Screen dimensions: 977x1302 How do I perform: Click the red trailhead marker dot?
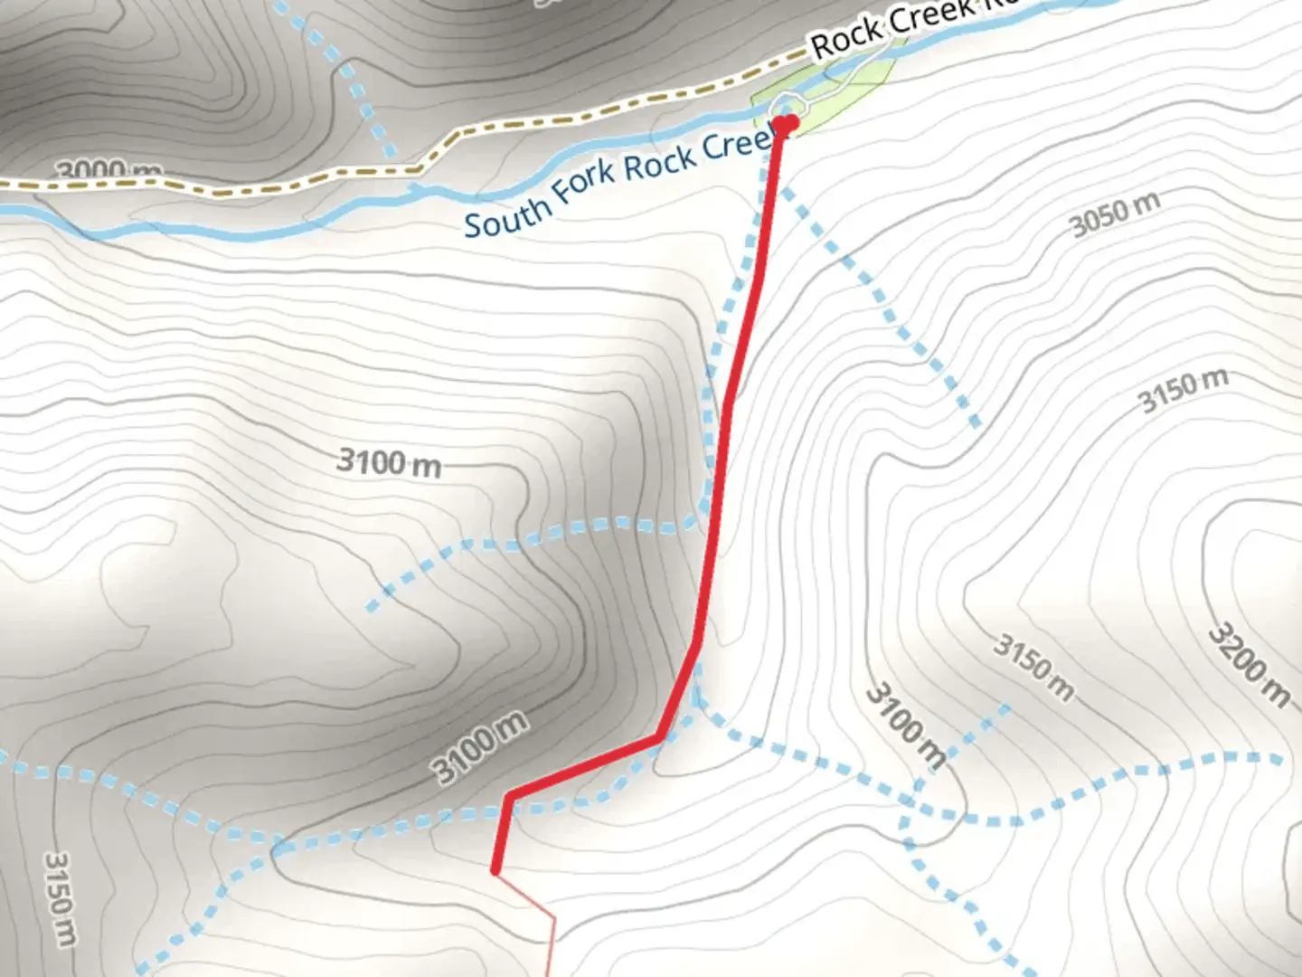(786, 123)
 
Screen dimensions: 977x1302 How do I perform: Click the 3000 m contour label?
(108, 170)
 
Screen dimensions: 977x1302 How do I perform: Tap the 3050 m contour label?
(1115, 215)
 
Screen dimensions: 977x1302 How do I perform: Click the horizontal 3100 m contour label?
(389, 463)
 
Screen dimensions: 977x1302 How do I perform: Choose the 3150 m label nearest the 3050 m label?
(1182, 391)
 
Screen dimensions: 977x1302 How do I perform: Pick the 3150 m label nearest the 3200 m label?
(1034, 669)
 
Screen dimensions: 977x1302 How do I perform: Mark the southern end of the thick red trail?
(495, 870)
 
